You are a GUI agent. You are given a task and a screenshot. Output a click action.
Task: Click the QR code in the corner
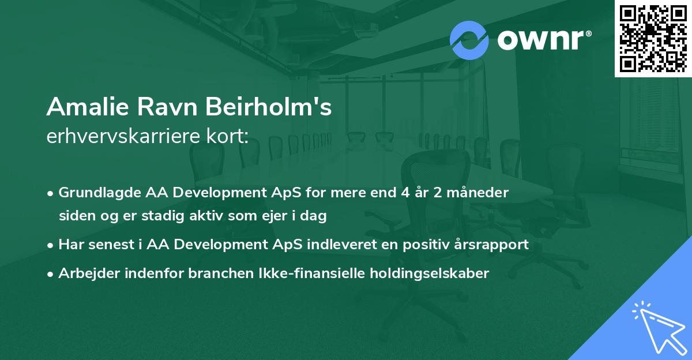pyautogui.click(x=653, y=38)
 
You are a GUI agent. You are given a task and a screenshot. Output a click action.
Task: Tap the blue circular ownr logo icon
pyautogui.click(x=469, y=40)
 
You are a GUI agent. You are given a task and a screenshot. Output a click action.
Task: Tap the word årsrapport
pyautogui.click(x=497, y=245)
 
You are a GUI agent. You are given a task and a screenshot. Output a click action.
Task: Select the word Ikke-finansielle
pyautogui.click(x=295, y=273)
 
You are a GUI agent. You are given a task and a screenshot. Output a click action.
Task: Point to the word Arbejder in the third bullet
pyautogui.click(x=85, y=273)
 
